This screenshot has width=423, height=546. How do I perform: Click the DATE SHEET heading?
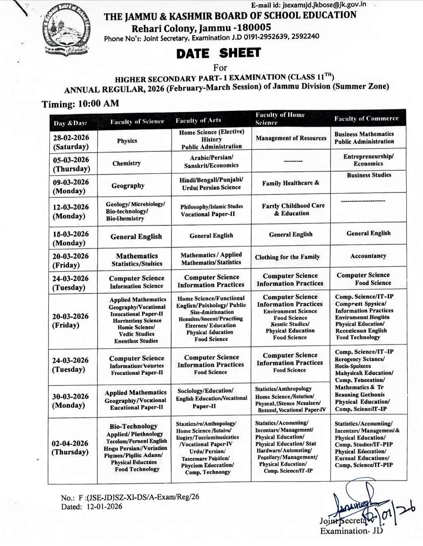(x=218, y=53)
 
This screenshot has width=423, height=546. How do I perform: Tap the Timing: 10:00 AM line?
(x=80, y=103)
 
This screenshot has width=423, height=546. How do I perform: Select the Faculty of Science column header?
(x=137, y=122)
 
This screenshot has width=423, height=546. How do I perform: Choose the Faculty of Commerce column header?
(x=366, y=119)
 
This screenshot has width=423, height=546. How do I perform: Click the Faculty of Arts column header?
(x=198, y=120)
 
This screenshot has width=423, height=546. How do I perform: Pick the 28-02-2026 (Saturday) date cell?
(x=71, y=142)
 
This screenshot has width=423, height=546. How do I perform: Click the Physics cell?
(x=127, y=141)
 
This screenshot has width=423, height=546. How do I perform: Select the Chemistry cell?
(x=127, y=163)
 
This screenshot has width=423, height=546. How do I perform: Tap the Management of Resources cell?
(x=291, y=138)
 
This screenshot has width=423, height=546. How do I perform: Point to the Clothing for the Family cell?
(x=287, y=257)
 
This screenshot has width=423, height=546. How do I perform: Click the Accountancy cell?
(x=368, y=256)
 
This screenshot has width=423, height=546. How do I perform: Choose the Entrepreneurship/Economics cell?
(x=368, y=160)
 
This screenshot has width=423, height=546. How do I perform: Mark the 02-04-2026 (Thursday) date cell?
(x=70, y=448)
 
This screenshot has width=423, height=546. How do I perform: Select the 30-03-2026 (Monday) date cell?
(x=70, y=400)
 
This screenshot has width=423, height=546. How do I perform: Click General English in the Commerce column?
(x=368, y=233)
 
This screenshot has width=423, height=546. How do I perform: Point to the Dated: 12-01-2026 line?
(x=91, y=507)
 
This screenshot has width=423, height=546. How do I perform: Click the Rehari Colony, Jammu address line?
(x=201, y=28)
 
